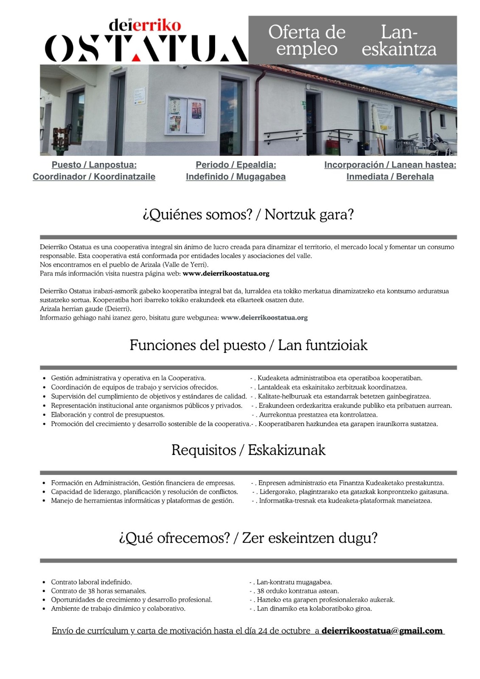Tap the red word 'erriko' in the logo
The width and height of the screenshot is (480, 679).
tap(157, 25)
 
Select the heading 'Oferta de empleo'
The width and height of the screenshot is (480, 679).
tap(307, 40)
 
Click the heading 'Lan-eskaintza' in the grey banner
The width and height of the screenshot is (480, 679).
tap(399, 40)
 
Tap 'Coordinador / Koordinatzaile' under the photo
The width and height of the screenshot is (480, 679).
tap(94, 177)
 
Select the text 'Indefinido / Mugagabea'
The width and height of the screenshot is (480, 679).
tap(236, 177)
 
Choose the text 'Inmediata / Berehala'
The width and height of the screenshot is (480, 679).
tap(390, 177)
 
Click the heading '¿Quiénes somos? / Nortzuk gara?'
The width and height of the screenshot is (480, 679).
tap(248, 214)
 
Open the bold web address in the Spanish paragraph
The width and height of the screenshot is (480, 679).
tap(226, 274)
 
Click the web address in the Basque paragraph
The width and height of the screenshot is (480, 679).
tap(264, 318)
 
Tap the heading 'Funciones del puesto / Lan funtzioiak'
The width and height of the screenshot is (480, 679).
tap(248, 345)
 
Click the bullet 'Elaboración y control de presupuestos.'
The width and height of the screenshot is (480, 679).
tap(108, 415)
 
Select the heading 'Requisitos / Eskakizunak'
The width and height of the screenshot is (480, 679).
tap(248, 450)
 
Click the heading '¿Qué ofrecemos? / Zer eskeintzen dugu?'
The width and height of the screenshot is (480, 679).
tap(248, 538)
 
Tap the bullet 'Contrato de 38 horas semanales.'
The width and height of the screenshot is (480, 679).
tap(98, 591)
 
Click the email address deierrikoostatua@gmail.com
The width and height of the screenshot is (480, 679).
tap(382, 631)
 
